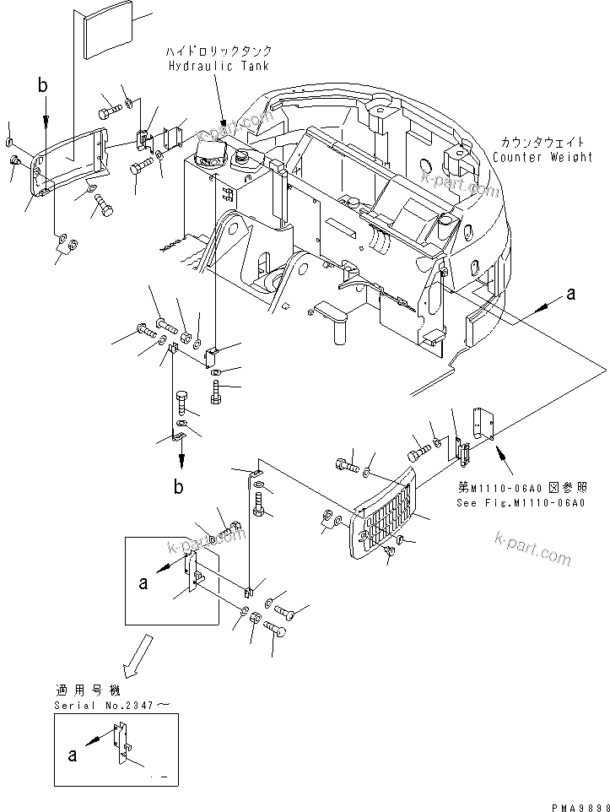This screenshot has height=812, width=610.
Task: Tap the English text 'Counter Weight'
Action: point(543,157)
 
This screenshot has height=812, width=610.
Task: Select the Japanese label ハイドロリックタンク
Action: point(219,52)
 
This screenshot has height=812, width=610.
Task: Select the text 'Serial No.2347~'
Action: point(106,704)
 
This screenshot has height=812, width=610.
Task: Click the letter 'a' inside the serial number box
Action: point(72,755)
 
